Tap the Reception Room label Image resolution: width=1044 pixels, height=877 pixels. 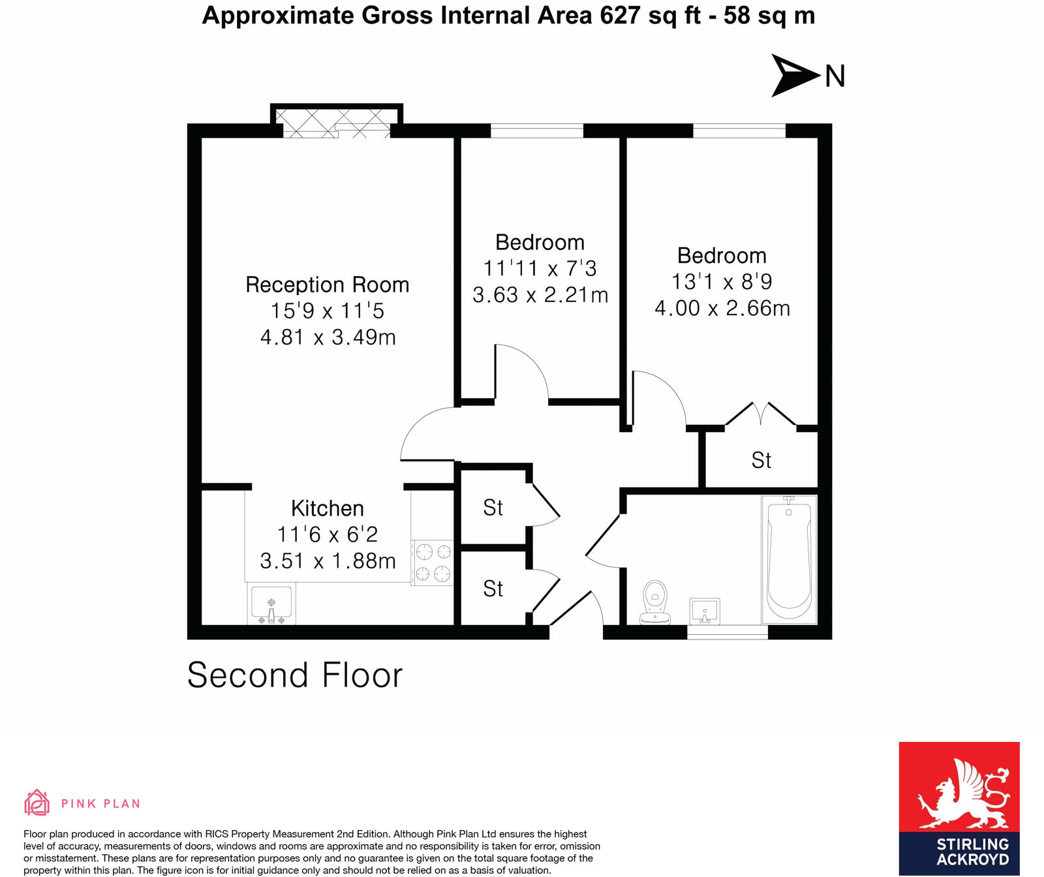tap(327, 285)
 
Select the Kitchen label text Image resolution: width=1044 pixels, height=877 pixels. tap(327, 508)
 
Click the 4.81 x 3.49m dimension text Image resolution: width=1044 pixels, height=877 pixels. tap(328, 337)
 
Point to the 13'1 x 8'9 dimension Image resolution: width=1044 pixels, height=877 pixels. tap(722, 282)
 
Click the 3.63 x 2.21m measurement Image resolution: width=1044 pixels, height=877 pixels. tap(540, 295)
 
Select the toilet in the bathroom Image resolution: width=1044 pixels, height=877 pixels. tap(655, 602)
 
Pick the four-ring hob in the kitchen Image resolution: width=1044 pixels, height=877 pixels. tap(433, 562)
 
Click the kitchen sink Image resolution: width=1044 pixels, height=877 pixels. tap(272, 603)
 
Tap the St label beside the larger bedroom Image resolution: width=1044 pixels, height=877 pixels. tap(761, 461)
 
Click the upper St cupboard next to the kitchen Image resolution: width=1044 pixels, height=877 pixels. tap(493, 508)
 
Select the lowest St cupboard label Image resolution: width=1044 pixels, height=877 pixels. tap(493, 589)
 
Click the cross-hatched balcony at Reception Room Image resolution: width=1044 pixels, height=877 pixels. tap(336, 122)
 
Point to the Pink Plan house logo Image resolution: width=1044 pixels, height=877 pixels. tap(37, 803)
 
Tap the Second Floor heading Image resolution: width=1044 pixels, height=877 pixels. tap(295, 675)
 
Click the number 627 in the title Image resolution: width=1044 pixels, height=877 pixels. tap(620, 16)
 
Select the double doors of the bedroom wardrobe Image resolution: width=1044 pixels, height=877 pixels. tap(761, 415)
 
